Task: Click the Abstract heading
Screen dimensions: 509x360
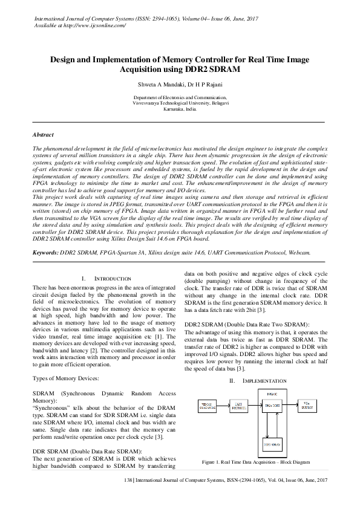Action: coord(43,135)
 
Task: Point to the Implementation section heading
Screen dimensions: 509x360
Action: coord(257,381)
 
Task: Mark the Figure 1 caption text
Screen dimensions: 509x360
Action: coord(255,462)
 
